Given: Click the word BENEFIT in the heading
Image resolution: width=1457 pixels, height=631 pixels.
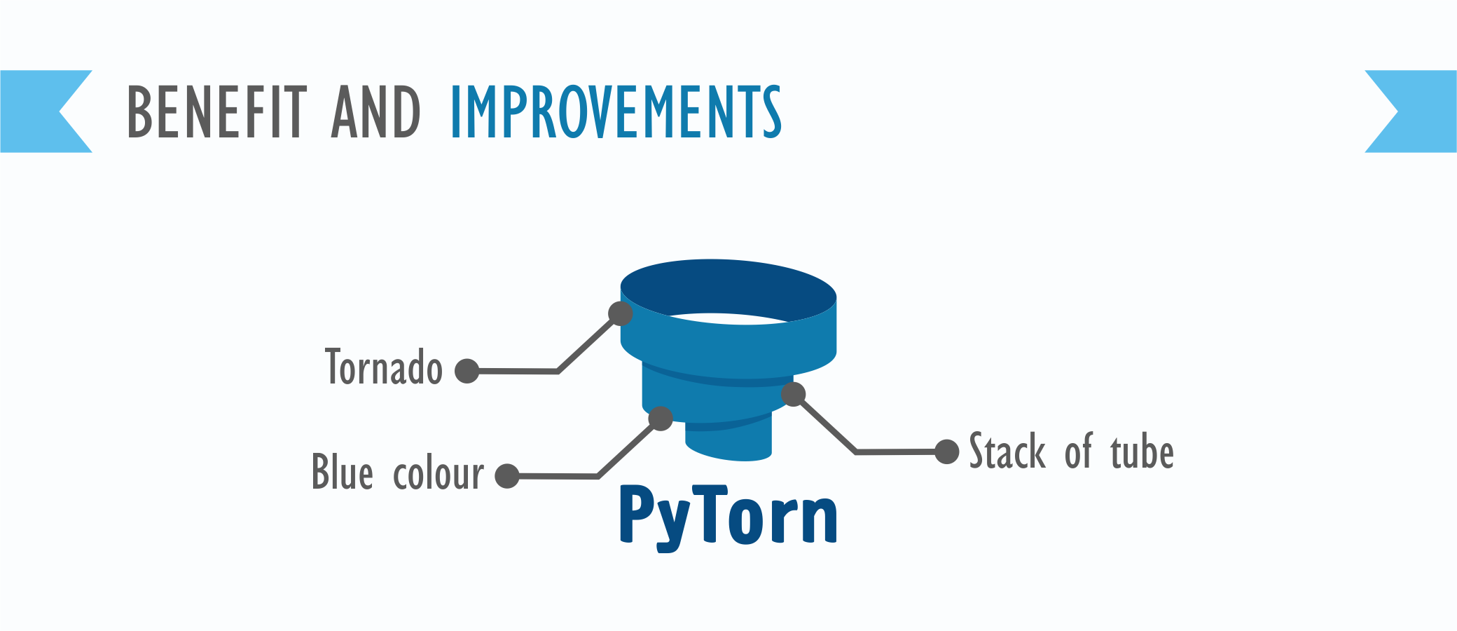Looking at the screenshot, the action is tap(217, 111).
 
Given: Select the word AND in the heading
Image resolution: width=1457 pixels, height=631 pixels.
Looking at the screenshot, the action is tap(376, 111).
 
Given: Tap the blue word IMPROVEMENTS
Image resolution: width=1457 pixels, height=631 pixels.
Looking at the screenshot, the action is tap(616, 111).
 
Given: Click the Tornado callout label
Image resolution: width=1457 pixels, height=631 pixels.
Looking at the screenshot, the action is tap(384, 367).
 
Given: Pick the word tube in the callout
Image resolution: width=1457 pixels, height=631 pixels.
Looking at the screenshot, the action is tap(1142, 451).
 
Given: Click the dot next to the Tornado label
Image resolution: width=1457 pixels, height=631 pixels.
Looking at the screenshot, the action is tap(467, 370).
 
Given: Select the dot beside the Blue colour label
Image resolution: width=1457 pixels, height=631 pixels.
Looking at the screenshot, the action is tap(507, 475).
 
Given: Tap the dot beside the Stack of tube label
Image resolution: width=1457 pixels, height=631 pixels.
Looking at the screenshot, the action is tap(947, 452).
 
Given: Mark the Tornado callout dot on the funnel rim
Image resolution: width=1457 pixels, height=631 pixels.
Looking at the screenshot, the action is tap(621, 313).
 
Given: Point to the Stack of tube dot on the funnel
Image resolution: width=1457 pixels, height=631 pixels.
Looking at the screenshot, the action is tap(793, 394).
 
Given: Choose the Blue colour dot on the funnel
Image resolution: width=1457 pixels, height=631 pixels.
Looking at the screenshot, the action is tap(661, 419).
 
